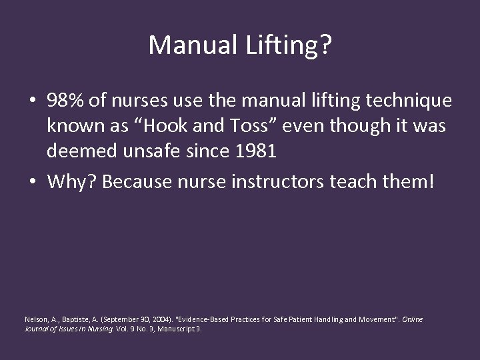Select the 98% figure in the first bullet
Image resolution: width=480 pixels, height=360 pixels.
coord(65,101)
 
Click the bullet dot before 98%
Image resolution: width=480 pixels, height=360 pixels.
coord(32,101)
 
